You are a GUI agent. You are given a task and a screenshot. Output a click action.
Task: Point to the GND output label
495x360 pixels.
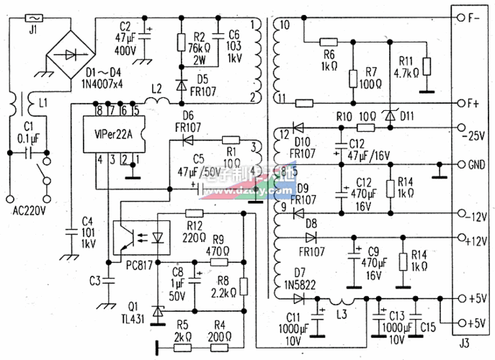[x=476, y=164]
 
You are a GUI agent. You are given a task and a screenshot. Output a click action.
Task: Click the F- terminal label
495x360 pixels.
[x=475, y=17]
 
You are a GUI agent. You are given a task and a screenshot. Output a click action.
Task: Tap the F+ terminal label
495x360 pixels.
[x=475, y=103]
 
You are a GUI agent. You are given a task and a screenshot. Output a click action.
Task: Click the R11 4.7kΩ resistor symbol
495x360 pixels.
[x=426, y=66]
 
